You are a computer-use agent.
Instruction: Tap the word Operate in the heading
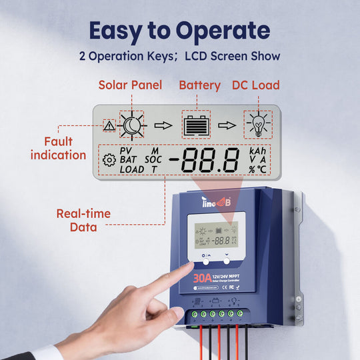point(223,32)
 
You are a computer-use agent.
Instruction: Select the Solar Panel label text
point(129,85)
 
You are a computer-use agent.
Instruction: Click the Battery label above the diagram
point(199,85)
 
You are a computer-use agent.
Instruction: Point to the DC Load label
point(255,85)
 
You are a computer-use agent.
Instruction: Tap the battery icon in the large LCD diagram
point(195,125)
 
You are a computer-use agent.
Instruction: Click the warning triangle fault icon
point(109,125)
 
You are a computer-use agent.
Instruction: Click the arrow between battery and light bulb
point(227,125)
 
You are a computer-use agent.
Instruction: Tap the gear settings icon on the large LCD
point(109,159)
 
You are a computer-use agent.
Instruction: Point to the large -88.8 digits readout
point(203,161)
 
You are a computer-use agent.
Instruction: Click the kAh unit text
point(257,151)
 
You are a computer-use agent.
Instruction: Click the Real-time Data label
point(83,221)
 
